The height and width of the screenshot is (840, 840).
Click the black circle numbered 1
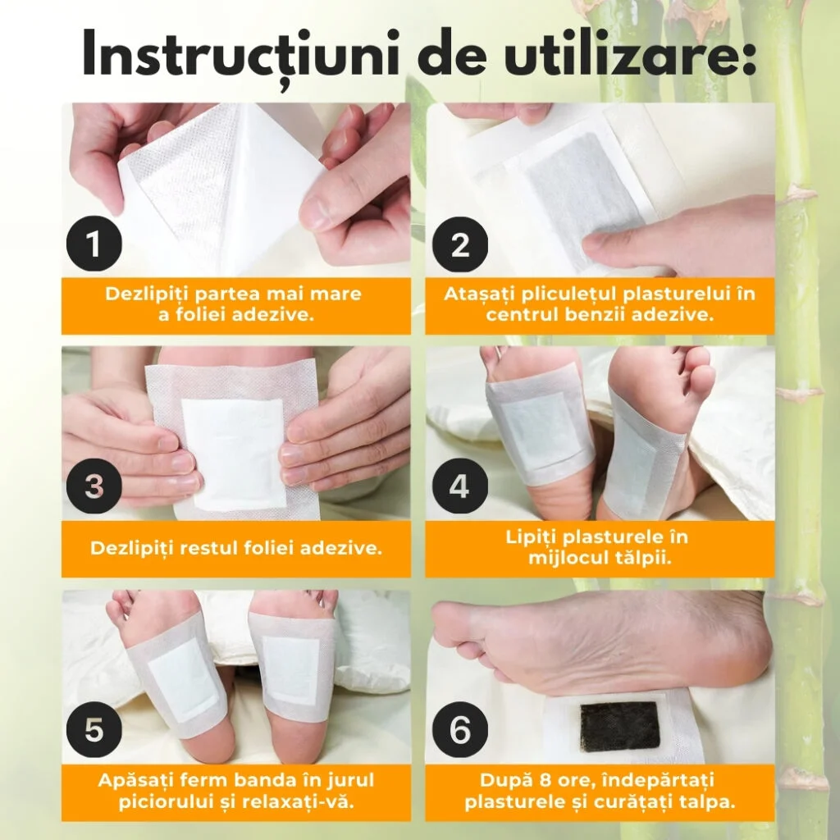pos(94,244)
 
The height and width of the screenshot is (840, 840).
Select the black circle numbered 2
pos(459,244)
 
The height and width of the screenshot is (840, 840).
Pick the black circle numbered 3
pos(94,486)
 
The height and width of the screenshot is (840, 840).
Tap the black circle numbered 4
pos(459,486)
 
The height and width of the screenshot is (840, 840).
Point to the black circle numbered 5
pos(94,729)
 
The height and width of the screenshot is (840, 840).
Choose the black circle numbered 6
pos(459,729)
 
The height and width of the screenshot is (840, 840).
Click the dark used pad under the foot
pos(620,727)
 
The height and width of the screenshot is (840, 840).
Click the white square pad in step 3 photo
pos(232,454)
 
